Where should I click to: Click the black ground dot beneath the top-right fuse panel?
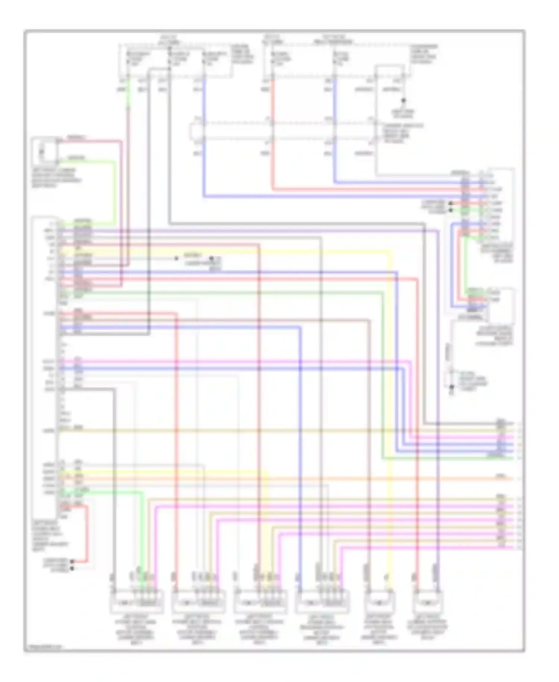[403, 101]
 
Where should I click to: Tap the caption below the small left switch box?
[56, 178]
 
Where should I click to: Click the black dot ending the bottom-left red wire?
[72, 561]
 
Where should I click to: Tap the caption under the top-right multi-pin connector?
[496, 253]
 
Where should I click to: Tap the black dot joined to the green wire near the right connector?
[451, 210]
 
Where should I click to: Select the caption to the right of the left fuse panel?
[242, 54]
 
